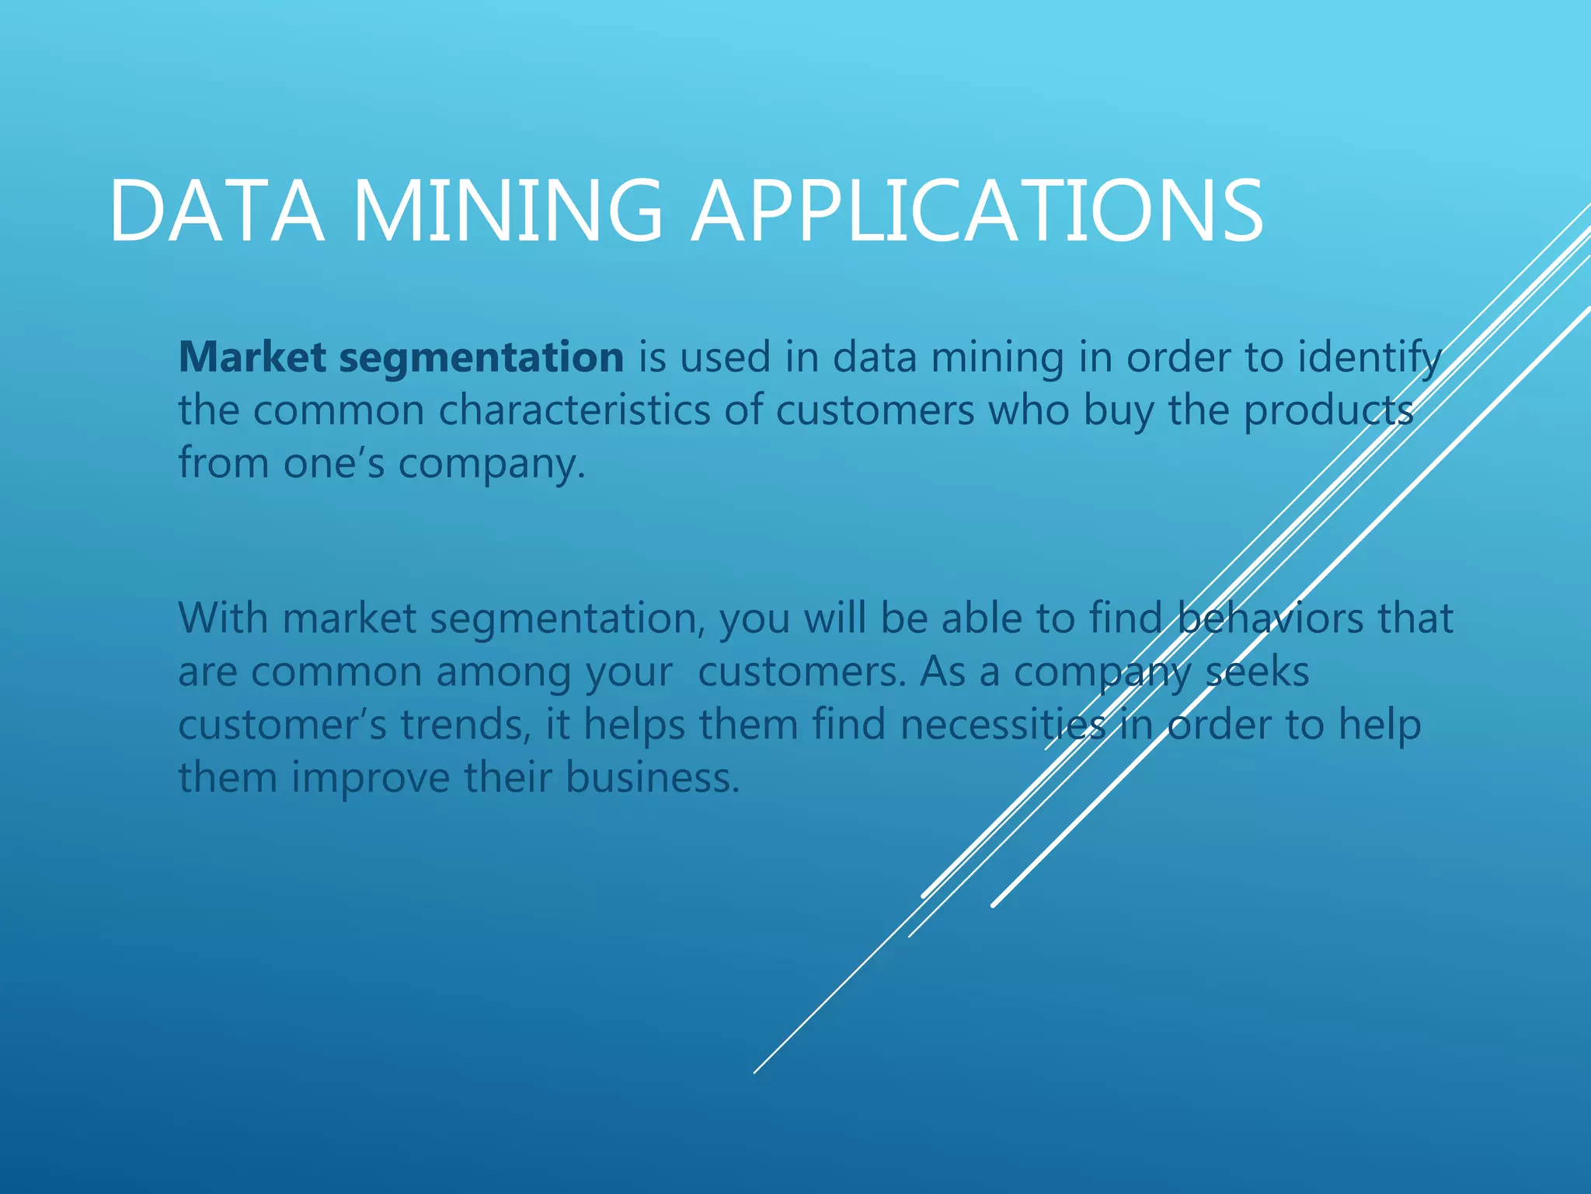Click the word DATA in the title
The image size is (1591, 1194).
[x=216, y=211]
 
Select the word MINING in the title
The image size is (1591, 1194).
[x=507, y=211]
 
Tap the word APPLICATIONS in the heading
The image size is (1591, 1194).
[x=977, y=211]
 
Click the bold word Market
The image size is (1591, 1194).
[x=252, y=358]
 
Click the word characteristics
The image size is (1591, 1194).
[x=574, y=410]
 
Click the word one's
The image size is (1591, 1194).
[x=333, y=463]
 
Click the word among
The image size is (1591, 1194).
[x=503, y=672]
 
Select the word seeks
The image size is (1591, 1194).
[x=1257, y=672]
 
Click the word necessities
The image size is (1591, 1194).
[x=1003, y=724]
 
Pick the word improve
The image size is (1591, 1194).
[x=371, y=778]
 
